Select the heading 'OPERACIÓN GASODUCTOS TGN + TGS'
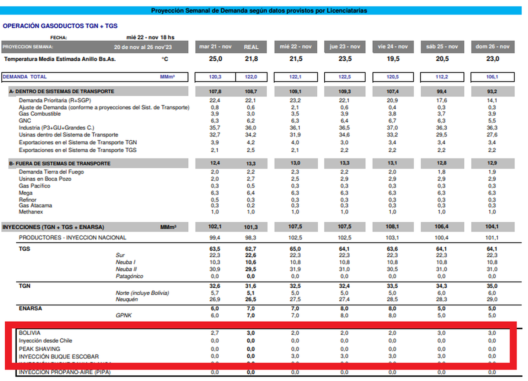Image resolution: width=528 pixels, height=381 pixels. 60,26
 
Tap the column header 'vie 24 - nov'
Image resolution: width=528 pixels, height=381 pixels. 393,47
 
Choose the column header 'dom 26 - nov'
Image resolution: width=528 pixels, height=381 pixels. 492,47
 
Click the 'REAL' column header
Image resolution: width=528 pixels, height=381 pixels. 251,47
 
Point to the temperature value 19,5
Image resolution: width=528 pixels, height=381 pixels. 393,59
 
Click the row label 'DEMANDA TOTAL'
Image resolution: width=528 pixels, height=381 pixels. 25,77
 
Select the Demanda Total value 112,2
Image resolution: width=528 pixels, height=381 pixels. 441,77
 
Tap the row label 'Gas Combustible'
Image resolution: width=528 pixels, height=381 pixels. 40,114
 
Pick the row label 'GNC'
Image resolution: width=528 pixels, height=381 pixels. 25,121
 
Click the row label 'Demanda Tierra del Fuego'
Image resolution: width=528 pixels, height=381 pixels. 51,172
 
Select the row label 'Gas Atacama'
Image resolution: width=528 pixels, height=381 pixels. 36,205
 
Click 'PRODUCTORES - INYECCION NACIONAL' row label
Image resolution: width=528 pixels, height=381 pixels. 72,238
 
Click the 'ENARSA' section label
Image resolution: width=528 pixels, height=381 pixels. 31,308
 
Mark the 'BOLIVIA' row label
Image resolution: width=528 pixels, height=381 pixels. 29,333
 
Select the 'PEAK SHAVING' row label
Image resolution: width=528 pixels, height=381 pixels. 40,348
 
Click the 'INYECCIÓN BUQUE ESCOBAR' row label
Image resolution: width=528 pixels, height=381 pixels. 59,356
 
